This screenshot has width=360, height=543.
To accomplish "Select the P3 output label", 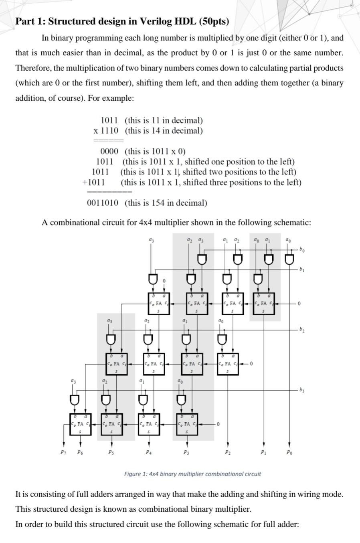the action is point(186,452).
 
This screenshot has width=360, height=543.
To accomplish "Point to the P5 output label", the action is point(110,452).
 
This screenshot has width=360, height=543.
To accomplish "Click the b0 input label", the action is point(302,249).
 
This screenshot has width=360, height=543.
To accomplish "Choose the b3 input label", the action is point(302,389).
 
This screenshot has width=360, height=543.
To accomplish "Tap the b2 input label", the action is point(302,330).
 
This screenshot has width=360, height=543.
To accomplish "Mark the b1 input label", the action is point(302,269).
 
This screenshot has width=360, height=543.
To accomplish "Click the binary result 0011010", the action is point(103,203).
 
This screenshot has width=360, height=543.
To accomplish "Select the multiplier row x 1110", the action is point(106,131).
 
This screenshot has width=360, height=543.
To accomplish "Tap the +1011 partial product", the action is point(94,182).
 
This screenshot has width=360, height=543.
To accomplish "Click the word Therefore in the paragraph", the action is point(33,68).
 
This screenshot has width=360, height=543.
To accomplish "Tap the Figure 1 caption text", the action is point(192,474).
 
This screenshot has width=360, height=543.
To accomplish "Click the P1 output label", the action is point(263,452).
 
